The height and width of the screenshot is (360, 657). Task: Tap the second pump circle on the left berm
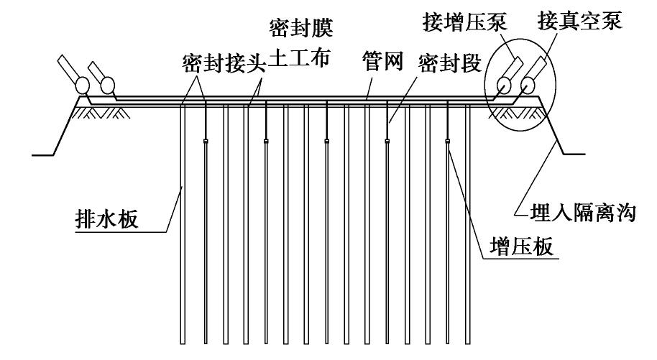point(107,86)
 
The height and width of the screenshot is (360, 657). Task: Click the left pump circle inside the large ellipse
point(502,86)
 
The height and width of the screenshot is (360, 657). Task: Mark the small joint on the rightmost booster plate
point(449,142)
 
